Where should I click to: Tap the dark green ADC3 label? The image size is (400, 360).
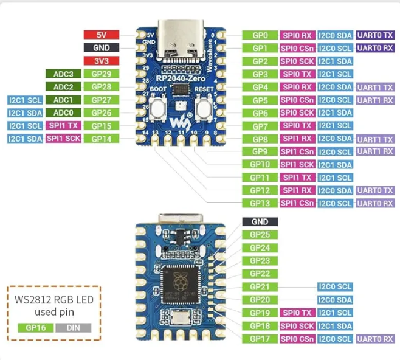tap(63, 74)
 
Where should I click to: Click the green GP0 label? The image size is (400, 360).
tap(260, 35)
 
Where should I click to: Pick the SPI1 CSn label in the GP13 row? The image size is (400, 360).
tap(297, 203)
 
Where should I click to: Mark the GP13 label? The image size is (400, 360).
tap(260, 203)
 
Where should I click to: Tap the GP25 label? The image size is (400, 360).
tap(260, 235)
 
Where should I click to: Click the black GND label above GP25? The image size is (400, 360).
tap(260, 222)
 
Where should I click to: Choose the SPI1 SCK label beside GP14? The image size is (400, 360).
tap(63, 139)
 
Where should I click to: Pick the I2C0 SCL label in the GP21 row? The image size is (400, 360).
tap(335, 286)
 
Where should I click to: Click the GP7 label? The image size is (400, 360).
tap(260, 126)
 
